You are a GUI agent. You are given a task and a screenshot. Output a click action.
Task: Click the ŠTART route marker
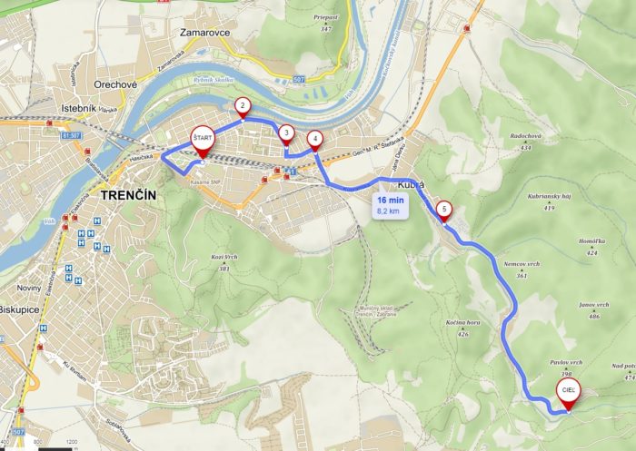[201, 138]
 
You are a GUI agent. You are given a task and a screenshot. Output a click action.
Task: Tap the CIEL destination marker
[568, 391]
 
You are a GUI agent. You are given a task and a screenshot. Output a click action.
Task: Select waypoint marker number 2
[243, 106]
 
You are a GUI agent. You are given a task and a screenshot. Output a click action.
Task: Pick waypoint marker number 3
[286, 133]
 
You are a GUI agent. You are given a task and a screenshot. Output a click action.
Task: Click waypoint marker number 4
[314, 139]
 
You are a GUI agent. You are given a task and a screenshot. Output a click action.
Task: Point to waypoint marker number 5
[443, 210]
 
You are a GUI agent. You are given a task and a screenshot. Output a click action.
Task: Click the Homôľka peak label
[591, 242]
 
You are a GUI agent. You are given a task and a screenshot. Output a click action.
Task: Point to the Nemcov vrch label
[521, 263]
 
